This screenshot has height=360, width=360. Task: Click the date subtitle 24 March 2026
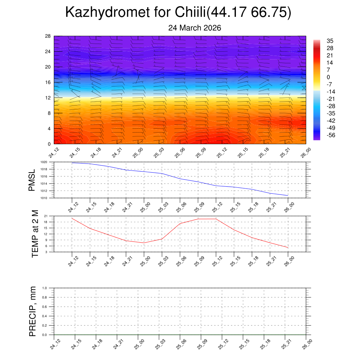194,28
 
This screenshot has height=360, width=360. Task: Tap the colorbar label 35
330,40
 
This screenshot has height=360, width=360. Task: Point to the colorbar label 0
328,77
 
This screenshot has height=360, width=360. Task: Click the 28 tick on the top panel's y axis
48,36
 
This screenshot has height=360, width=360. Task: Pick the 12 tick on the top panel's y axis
48,98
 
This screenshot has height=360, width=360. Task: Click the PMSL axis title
32,180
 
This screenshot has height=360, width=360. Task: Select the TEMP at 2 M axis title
34,234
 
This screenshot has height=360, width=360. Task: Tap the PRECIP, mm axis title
32,311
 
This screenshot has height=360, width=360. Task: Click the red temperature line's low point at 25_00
144,243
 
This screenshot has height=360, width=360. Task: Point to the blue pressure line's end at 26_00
288,195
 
